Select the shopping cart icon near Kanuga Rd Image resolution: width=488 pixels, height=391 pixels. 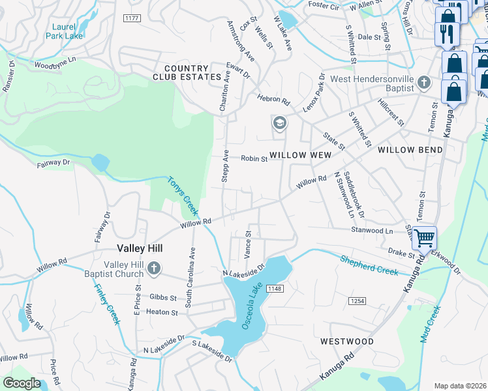pos(424,239)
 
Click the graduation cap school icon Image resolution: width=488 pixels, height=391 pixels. pos(279,123)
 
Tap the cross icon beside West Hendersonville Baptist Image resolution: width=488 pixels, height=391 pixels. pos(425,83)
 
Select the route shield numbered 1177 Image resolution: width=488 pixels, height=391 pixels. pos(132,19)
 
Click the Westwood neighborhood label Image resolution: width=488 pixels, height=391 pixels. pos(347,341)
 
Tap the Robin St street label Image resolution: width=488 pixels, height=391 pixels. pos(254,158)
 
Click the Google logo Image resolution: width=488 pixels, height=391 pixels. pos(22,383)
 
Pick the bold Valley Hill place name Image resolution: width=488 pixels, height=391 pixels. pos(140,248)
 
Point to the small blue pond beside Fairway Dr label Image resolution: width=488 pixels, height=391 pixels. pos(100,162)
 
